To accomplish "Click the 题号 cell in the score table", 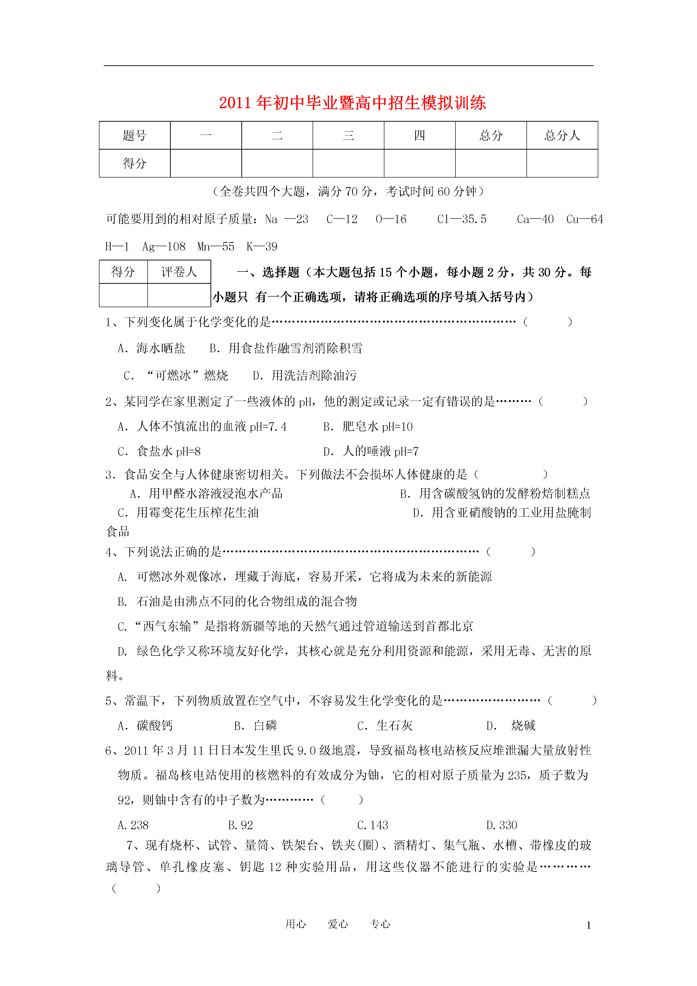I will (134, 136).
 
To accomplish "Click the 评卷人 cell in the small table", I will (179, 272).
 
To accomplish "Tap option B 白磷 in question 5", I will (256, 726).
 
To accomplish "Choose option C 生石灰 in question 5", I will (385, 726).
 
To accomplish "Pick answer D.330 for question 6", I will (502, 825).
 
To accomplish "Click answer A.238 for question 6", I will (133, 825).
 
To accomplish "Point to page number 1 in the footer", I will (588, 926).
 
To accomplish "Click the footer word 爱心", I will (338, 924).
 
